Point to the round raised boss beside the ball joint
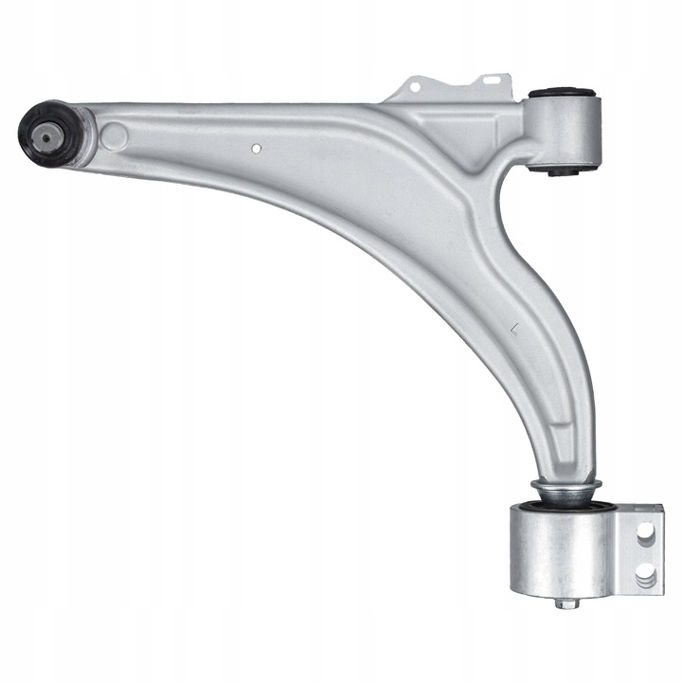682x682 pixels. (113, 136)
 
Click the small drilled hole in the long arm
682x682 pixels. (257, 149)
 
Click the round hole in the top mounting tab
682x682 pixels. (415, 86)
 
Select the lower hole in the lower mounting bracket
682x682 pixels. (647, 571)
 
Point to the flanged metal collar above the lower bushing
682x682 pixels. (566, 490)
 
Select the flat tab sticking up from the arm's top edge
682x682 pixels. (445, 88)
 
